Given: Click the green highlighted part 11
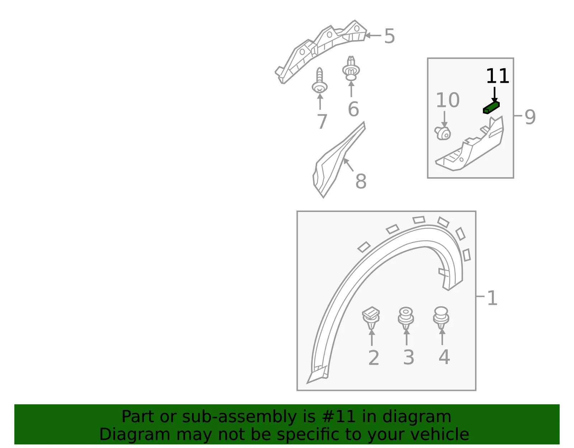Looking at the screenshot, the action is click(x=491, y=108).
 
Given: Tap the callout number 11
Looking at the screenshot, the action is click(x=498, y=76).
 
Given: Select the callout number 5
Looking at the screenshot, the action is click(x=389, y=36).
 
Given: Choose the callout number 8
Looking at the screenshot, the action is click(x=361, y=181).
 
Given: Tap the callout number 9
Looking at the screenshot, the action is click(x=530, y=117).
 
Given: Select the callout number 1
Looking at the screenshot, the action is click(x=492, y=298).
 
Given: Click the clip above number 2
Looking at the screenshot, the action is click(x=371, y=317).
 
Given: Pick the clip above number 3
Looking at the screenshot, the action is click(x=406, y=318).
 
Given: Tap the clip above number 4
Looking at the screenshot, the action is click(x=441, y=318).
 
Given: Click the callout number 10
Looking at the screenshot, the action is click(x=448, y=100).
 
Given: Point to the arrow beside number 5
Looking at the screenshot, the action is click(x=373, y=36).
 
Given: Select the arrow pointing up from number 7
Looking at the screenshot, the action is click(x=320, y=101).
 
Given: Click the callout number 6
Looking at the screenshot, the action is click(x=353, y=109).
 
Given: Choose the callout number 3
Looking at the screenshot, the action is click(x=408, y=358).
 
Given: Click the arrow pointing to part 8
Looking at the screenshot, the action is click(x=348, y=165).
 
